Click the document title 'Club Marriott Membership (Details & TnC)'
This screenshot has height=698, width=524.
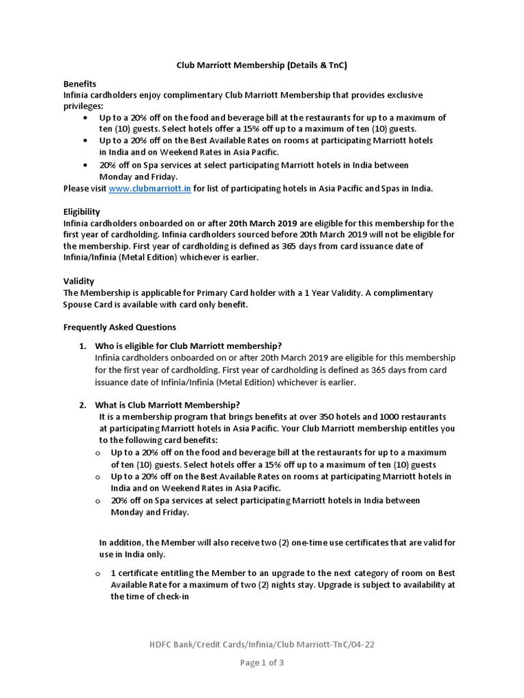coord(262,65)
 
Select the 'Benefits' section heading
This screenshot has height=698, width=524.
coord(79,84)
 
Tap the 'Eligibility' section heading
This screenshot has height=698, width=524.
coord(81,212)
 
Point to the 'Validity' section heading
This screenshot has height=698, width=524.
coord(78,281)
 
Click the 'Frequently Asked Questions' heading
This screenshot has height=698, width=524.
coord(119,327)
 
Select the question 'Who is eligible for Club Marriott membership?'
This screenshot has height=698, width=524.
coord(188,346)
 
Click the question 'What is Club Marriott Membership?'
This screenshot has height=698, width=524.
coord(169,404)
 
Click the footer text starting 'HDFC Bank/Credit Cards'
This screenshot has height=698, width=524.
coord(262,646)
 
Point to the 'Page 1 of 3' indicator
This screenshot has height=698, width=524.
coord(262,663)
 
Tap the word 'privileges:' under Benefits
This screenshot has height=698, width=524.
coord(83,107)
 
